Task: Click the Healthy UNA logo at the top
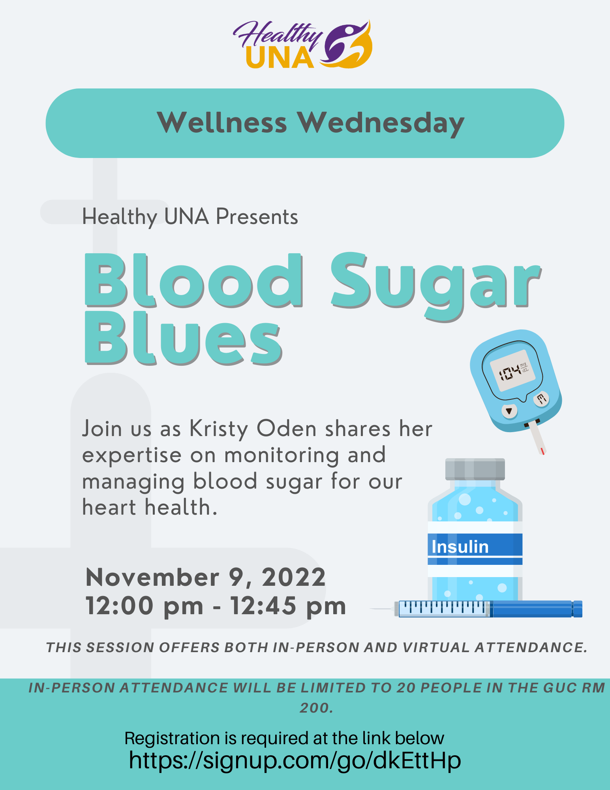point(302,45)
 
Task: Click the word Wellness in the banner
point(222,123)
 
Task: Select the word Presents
point(257,217)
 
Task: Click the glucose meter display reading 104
point(512,371)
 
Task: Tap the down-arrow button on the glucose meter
point(509,411)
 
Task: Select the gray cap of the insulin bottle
point(475,469)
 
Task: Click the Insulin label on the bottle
point(460,547)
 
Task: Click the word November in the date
point(152,577)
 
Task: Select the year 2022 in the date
point(294,577)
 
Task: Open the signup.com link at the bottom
point(295,760)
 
